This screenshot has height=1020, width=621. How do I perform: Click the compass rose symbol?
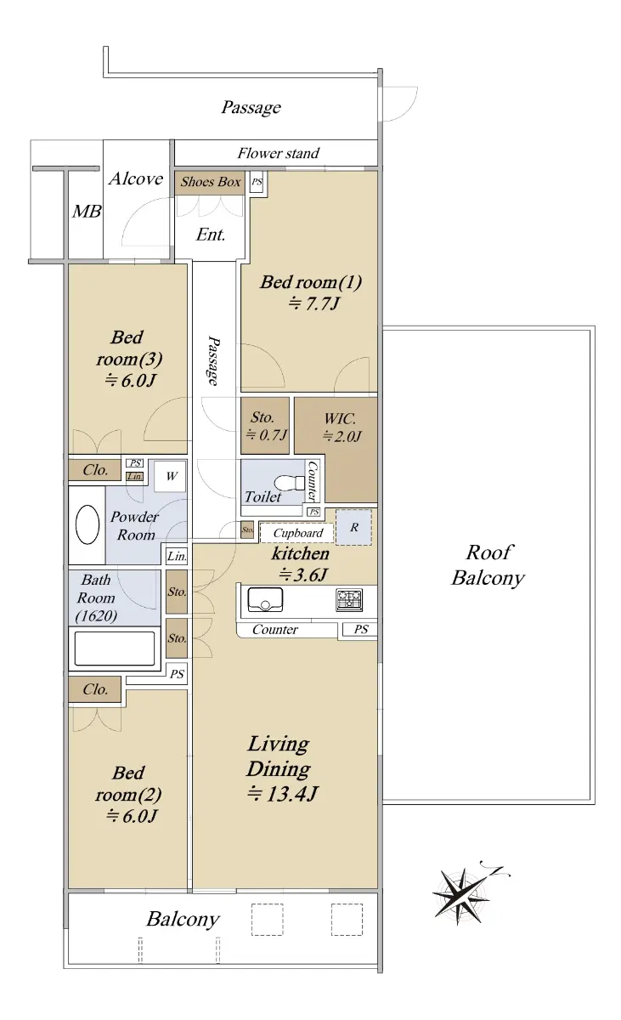[x=463, y=897]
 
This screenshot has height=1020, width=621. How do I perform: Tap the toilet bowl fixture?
[x=290, y=483]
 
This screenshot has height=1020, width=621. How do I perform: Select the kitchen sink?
[x=265, y=599]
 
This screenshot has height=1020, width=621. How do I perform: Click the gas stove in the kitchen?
[x=349, y=599]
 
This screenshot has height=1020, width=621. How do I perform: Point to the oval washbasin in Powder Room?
[x=88, y=525]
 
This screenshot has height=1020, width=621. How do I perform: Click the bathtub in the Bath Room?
[x=115, y=649]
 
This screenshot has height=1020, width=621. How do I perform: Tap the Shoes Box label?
[x=210, y=182]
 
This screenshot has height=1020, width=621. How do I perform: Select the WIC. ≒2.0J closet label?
[x=342, y=428]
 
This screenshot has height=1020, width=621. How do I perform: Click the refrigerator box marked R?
[x=354, y=527]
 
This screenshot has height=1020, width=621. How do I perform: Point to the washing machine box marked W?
[x=170, y=476]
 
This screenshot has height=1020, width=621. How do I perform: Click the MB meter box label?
[x=87, y=212]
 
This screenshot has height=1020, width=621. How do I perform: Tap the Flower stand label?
[x=278, y=153]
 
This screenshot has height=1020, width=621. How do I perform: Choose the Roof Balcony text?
[x=488, y=565]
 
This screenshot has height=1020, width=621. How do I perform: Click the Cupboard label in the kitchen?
[x=298, y=533]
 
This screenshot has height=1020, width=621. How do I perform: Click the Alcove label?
[x=136, y=178]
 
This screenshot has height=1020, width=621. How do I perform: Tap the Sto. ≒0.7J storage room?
[x=265, y=426]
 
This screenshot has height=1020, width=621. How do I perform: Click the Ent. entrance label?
[x=210, y=235]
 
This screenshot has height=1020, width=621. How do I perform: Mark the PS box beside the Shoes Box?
[x=257, y=182]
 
